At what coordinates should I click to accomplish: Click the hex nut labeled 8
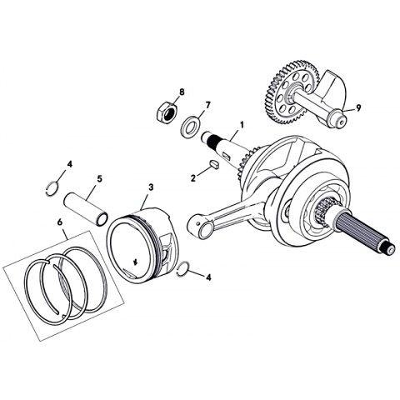(x=166, y=112)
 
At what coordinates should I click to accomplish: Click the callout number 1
(x=242, y=125)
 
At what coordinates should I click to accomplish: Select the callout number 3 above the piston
(x=151, y=187)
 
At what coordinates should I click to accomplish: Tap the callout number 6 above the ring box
(x=59, y=222)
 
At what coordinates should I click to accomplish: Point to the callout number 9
(x=358, y=108)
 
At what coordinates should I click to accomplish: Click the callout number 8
(x=182, y=92)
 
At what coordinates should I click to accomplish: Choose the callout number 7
(x=207, y=105)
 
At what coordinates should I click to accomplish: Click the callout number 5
(x=99, y=178)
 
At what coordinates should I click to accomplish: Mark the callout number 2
(x=193, y=177)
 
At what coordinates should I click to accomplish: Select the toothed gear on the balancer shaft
(x=289, y=92)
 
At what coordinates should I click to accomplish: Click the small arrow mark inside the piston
(x=136, y=262)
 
